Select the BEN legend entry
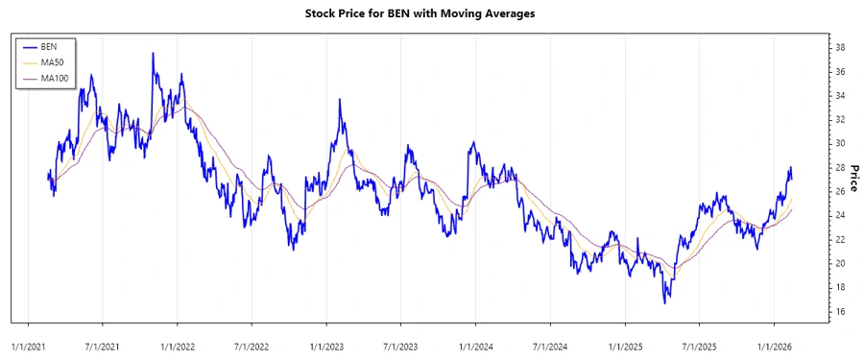pos(49,47)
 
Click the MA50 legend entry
pos(53,62)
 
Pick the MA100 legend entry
pos(56,78)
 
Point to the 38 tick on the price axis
pos(839,48)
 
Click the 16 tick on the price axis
pos(839,312)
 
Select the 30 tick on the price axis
pos(839,144)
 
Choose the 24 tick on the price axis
pos(839,216)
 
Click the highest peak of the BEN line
pos(153,54)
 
